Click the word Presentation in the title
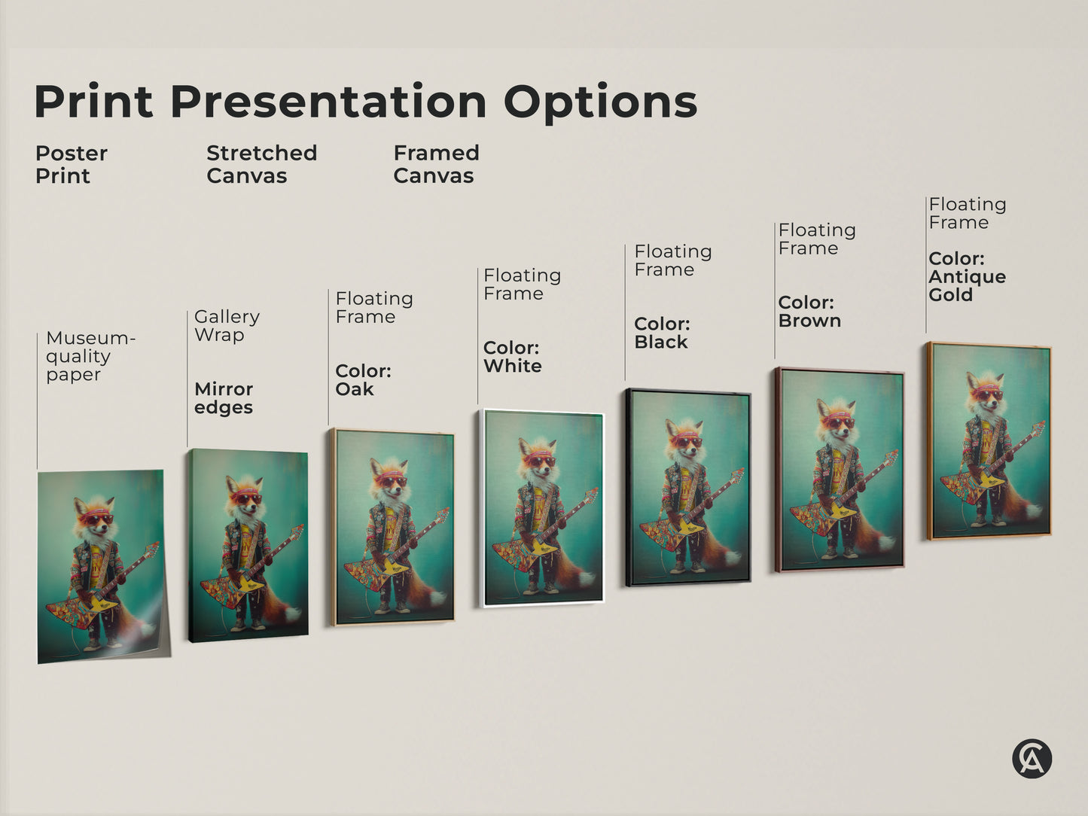point(328,102)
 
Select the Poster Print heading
point(71,164)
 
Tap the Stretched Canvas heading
point(261,164)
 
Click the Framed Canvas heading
point(436,164)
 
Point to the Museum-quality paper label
point(90,356)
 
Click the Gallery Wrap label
point(227,326)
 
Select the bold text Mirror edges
point(224,398)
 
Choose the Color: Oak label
point(363,380)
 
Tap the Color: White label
point(512,357)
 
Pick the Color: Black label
point(662,333)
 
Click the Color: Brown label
point(809,312)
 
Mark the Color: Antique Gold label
point(967,276)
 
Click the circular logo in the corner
point(1031,758)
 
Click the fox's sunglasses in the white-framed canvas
point(539,461)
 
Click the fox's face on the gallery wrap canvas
point(246,501)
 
